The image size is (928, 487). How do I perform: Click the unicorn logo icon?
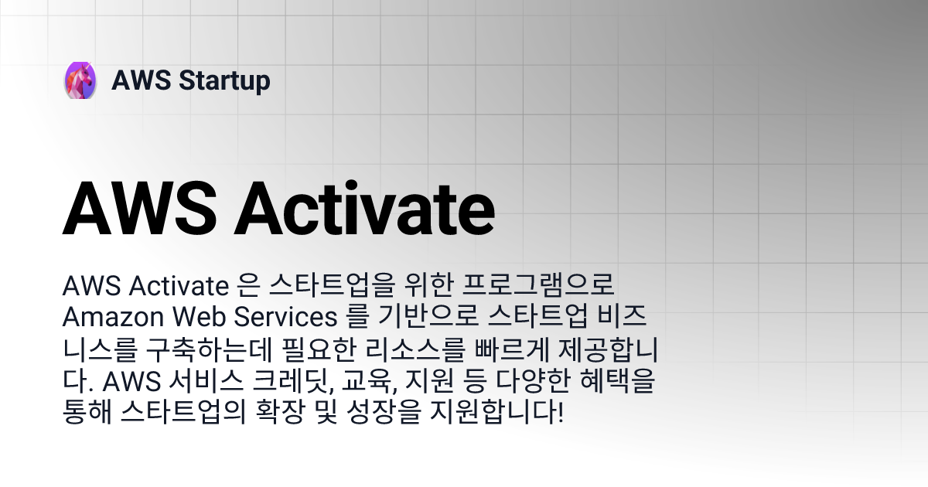[80, 80]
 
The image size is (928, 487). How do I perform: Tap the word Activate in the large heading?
[364, 208]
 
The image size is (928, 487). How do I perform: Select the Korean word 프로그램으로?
[538, 285]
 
